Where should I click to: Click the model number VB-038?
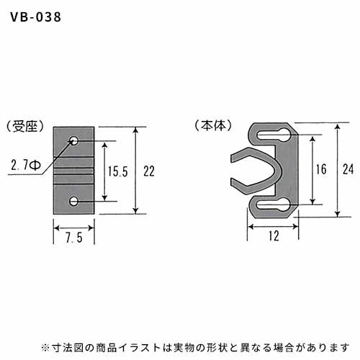pos(36,17)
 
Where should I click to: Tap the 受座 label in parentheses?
pos(25,126)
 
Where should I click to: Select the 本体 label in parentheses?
pos(213,125)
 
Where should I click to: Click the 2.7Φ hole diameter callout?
pos(26,165)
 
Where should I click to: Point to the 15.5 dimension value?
pos(117,171)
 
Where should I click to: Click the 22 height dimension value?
pos(149,171)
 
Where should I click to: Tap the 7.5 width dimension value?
pos(74,238)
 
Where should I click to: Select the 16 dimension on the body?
pos(321,169)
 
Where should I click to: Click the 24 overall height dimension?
pos(348,169)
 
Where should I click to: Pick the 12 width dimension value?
pos(274,235)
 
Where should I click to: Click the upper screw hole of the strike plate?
pos(74,140)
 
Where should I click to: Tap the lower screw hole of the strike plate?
pos(74,202)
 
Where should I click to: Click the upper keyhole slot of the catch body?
pos(274,135)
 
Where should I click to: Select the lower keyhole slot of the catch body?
pos(274,205)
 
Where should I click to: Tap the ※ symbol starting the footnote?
pos(45,347)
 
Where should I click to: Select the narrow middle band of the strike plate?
pos(73,171)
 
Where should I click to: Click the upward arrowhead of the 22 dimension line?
pos(135,130)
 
